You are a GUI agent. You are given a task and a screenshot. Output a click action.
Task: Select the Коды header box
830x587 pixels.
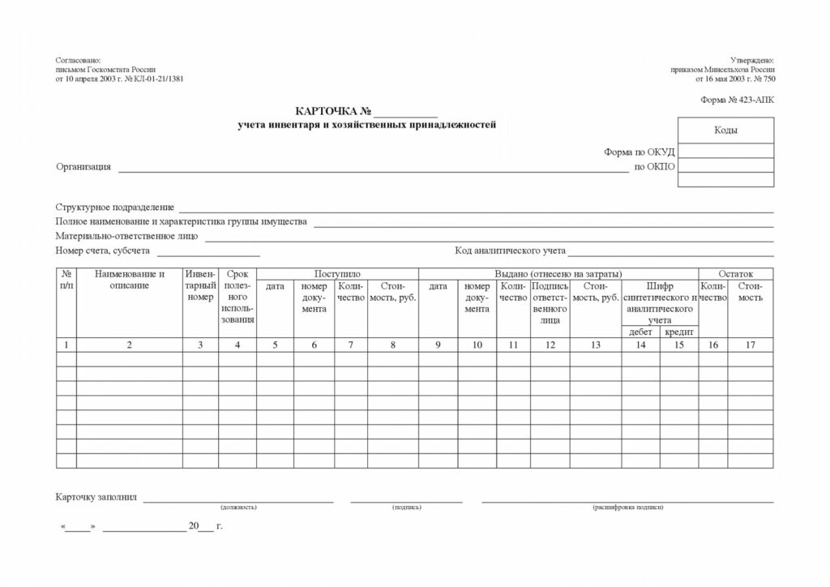coord(725,131)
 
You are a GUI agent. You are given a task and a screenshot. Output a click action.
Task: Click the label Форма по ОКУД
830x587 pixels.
coord(639,152)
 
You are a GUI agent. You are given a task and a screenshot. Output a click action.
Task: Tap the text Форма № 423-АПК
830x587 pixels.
coord(737,101)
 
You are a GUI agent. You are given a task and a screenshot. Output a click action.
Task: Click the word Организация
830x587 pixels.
coord(83,167)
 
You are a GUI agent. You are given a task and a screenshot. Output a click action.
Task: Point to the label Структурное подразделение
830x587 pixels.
coord(115,208)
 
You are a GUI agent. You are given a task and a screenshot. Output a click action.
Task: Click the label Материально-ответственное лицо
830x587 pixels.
coord(126,236)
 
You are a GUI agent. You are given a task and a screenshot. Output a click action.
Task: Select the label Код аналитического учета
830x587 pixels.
coord(510,251)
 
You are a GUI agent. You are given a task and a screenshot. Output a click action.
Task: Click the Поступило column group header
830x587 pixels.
coord(337,274)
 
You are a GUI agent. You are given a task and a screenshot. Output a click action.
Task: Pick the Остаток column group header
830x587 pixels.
coord(736,274)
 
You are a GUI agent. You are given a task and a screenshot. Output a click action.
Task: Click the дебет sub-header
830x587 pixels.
coord(640,332)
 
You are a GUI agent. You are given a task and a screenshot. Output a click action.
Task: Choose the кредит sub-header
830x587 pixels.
coord(679,332)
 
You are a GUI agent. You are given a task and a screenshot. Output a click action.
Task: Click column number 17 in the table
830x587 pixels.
coord(751,345)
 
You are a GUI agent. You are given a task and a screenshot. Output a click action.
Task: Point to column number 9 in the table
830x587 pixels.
coord(438,345)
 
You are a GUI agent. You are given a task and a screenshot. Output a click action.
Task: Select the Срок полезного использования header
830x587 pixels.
coord(237,297)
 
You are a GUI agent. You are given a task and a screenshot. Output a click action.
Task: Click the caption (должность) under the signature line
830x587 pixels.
coord(238,507)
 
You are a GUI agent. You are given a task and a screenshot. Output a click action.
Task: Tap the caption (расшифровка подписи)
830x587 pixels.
coord(627,507)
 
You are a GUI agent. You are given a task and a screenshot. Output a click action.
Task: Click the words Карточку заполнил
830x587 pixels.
coord(97,497)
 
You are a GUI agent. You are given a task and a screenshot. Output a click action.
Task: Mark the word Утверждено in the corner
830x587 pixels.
coord(752,61)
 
